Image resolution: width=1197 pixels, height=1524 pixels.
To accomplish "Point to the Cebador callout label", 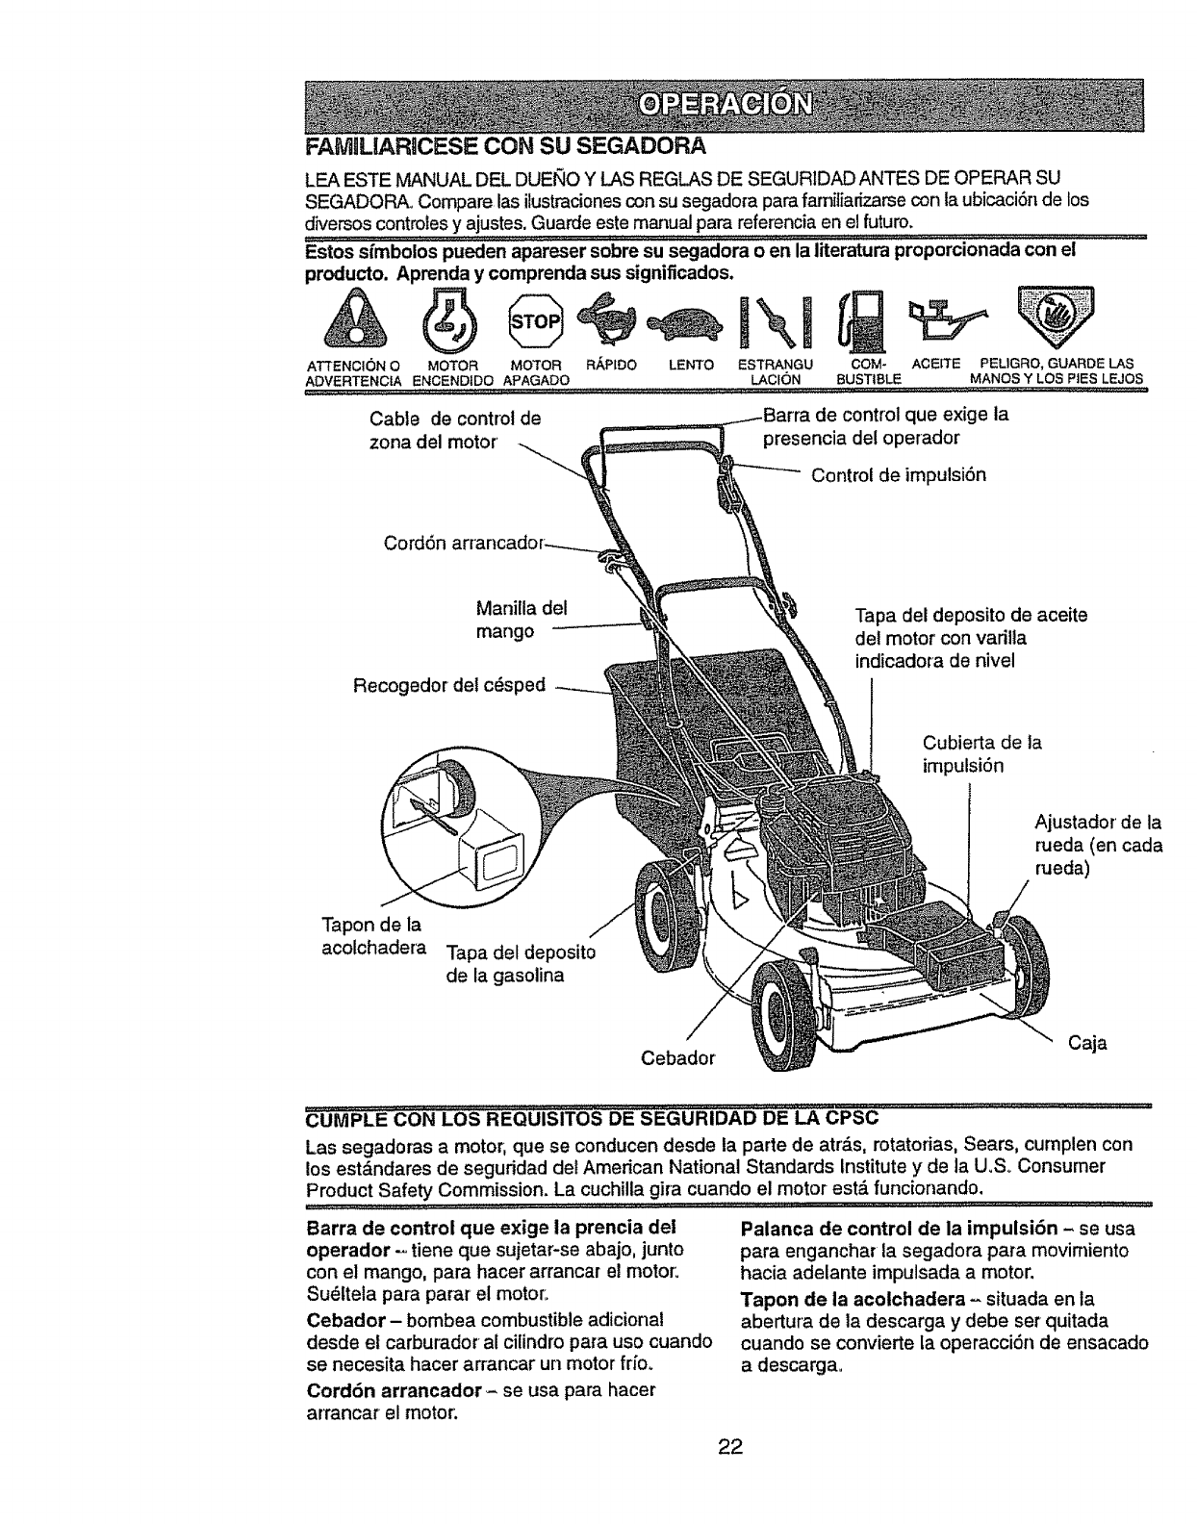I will pyautogui.click(x=678, y=1058).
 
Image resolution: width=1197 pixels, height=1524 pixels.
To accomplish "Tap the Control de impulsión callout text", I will pyautogui.click(x=899, y=475).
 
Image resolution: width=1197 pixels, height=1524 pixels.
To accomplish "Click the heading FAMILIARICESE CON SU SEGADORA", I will pyautogui.click(x=505, y=147).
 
